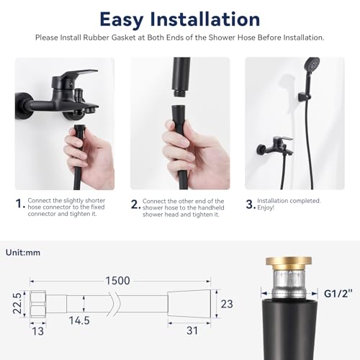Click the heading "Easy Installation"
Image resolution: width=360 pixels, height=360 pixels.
tap(180, 18)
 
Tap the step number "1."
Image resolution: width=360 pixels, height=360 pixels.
tap(19, 204)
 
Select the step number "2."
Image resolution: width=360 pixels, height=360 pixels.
tap(135, 204)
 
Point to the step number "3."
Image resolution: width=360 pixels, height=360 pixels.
tap(249, 204)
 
